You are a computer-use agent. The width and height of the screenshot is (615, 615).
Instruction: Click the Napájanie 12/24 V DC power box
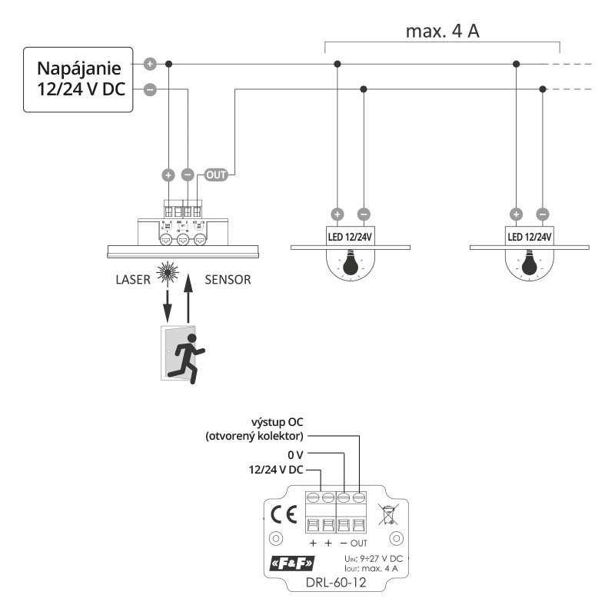tap(78, 78)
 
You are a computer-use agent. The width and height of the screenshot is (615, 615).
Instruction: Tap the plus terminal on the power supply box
tap(150, 63)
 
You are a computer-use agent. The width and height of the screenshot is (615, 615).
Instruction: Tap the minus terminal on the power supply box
tap(150, 90)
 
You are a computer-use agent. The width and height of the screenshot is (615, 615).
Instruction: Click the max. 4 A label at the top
tap(441, 32)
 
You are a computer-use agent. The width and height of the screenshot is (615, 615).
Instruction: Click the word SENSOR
tap(228, 279)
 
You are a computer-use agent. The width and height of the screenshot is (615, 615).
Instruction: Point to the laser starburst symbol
tap(167, 273)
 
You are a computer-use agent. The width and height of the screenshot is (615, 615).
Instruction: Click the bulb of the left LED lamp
tap(351, 265)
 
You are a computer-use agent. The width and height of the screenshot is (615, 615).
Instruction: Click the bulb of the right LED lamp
tap(530, 265)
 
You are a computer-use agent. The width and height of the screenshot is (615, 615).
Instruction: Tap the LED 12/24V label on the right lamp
tap(530, 236)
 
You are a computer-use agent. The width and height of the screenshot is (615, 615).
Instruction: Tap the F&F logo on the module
tap(293, 568)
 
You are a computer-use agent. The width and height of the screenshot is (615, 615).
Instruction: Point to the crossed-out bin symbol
tap(388, 512)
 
